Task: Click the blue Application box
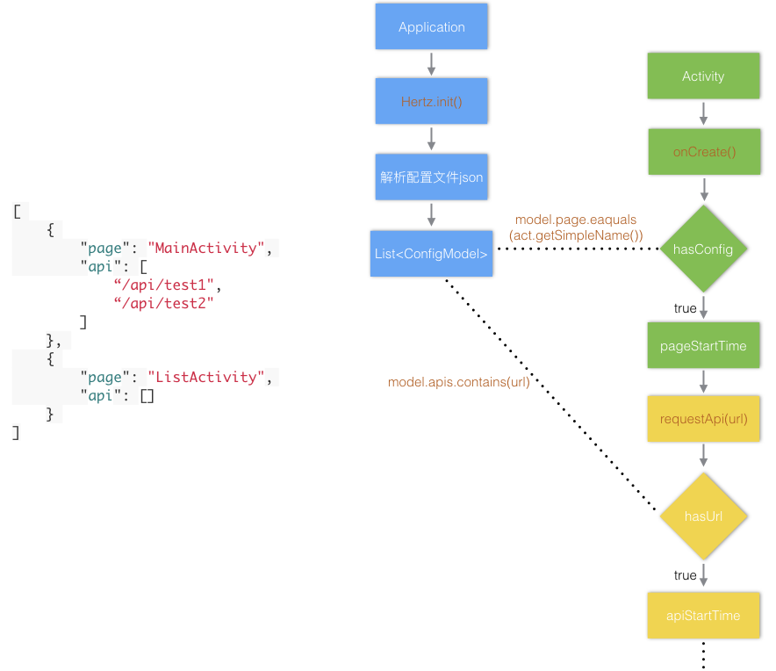[x=431, y=27]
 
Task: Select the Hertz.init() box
[x=431, y=102]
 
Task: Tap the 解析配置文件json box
[x=431, y=177]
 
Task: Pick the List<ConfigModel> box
[x=431, y=254]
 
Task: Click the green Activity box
[x=703, y=76]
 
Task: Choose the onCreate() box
[x=704, y=152]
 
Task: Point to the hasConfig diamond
[x=703, y=249]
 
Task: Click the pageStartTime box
[x=703, y=346]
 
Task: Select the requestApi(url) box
[x=704, y=419]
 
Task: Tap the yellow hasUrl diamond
[x=703, y=516]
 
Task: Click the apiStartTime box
[x=703, y=616]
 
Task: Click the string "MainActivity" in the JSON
[x=206, y=248]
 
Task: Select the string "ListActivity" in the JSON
[x=206, y=377]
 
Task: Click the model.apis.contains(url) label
[x=459, y=382]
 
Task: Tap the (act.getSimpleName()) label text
[x=576, y=235]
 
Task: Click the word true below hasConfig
[x=685, y=308]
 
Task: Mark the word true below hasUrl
[x=685, y=575]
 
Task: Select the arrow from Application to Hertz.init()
[x=431, y=64]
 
